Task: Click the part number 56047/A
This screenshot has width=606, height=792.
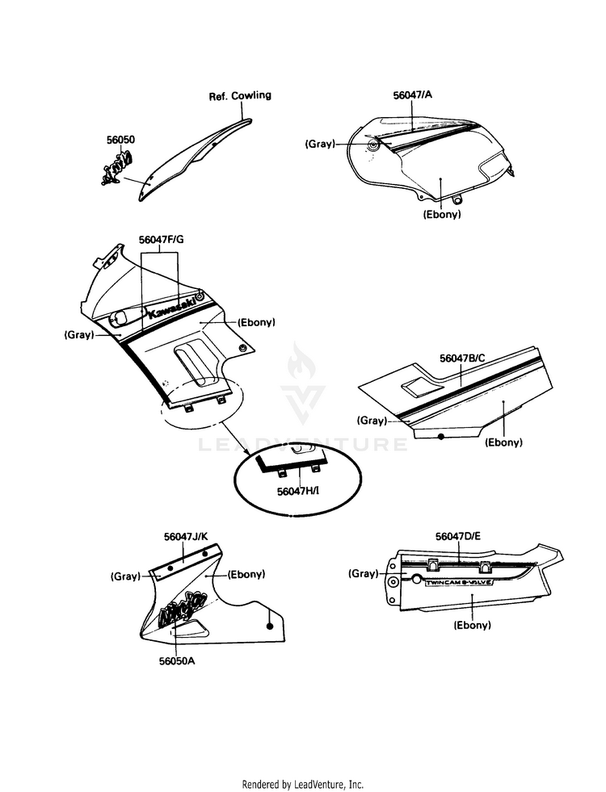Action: pos(412,94)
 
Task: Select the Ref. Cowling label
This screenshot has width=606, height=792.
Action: pos(240,95)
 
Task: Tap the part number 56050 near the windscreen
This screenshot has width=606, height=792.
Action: pos(120,140)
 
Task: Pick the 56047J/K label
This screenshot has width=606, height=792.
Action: pos(186,536)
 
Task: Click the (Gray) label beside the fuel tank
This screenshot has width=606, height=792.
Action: pos(320,144)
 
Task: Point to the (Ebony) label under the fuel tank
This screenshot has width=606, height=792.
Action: pos(441,215)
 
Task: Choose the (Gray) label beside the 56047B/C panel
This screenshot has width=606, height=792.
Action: pos(372,421)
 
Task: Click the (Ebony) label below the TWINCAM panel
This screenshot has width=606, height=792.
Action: pos(473,624)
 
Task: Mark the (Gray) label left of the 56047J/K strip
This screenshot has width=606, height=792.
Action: pos(124,576)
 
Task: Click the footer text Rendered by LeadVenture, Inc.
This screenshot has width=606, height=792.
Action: pos(303,784)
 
